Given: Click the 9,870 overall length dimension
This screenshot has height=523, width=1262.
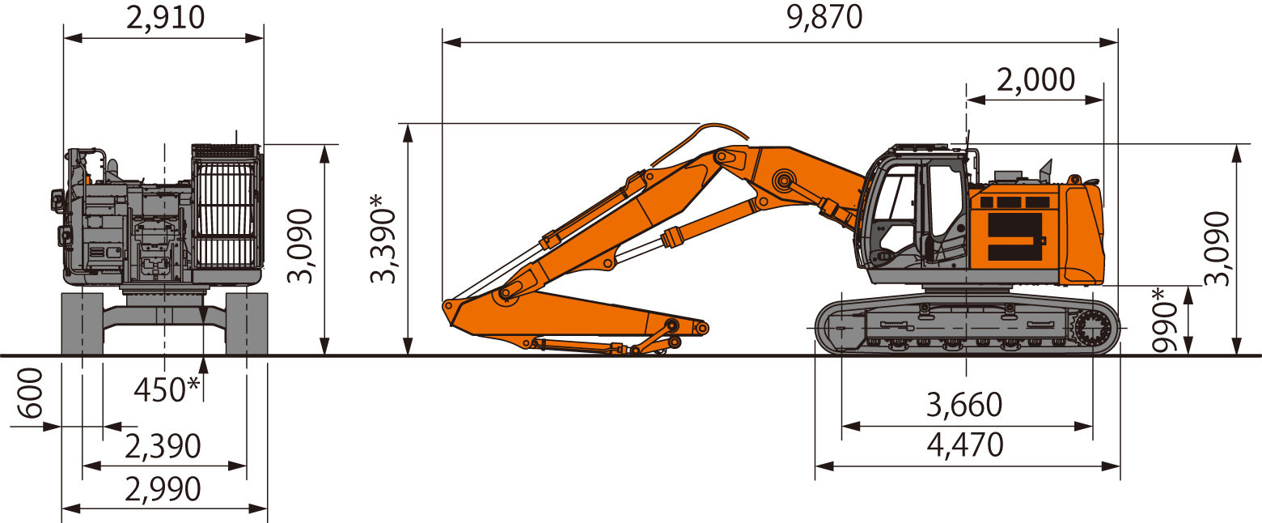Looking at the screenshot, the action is pos(824,17).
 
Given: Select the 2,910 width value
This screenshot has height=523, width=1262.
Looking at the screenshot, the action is pos(164,17).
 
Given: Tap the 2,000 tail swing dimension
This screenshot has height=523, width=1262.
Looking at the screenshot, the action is pos(1035,79).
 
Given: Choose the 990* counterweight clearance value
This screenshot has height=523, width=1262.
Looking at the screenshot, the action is pos(1165,320).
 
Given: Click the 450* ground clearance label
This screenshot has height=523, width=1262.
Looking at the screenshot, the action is pos(167,389).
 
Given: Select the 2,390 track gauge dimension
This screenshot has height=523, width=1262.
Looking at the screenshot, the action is pos(163,446).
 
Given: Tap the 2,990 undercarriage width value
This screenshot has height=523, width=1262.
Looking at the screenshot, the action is pos(163,489).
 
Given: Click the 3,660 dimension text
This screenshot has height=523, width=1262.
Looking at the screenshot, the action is pos(964,405).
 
